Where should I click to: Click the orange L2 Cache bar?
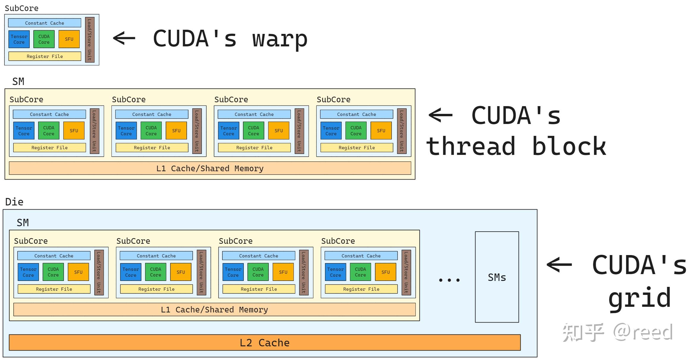click(264, 342)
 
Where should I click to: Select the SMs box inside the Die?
click(497, 277)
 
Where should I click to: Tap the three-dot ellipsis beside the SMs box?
click(449, 280)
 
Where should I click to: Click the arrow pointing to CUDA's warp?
click(124, 38)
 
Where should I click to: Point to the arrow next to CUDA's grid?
click(559, 264)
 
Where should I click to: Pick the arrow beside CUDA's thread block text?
click(440, 115)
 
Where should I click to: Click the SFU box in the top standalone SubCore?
click(69, 39)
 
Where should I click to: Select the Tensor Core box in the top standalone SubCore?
click(19, 39)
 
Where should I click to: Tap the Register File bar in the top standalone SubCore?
click(45, 56)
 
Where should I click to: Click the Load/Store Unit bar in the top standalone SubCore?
click(89, 40)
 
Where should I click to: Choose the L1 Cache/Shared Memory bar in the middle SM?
click(210, 168)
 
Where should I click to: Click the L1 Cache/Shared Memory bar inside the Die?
click(214, 309)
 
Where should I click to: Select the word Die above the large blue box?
click(14, 202)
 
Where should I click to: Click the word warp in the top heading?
click(279, 39)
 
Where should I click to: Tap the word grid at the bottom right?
click(639, 298)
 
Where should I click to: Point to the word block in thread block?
click(568, 146)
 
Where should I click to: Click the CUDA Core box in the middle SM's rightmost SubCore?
click(356, 131)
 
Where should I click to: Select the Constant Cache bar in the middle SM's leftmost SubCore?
click(49, 114)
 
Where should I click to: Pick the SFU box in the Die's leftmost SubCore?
click(78, 272)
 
